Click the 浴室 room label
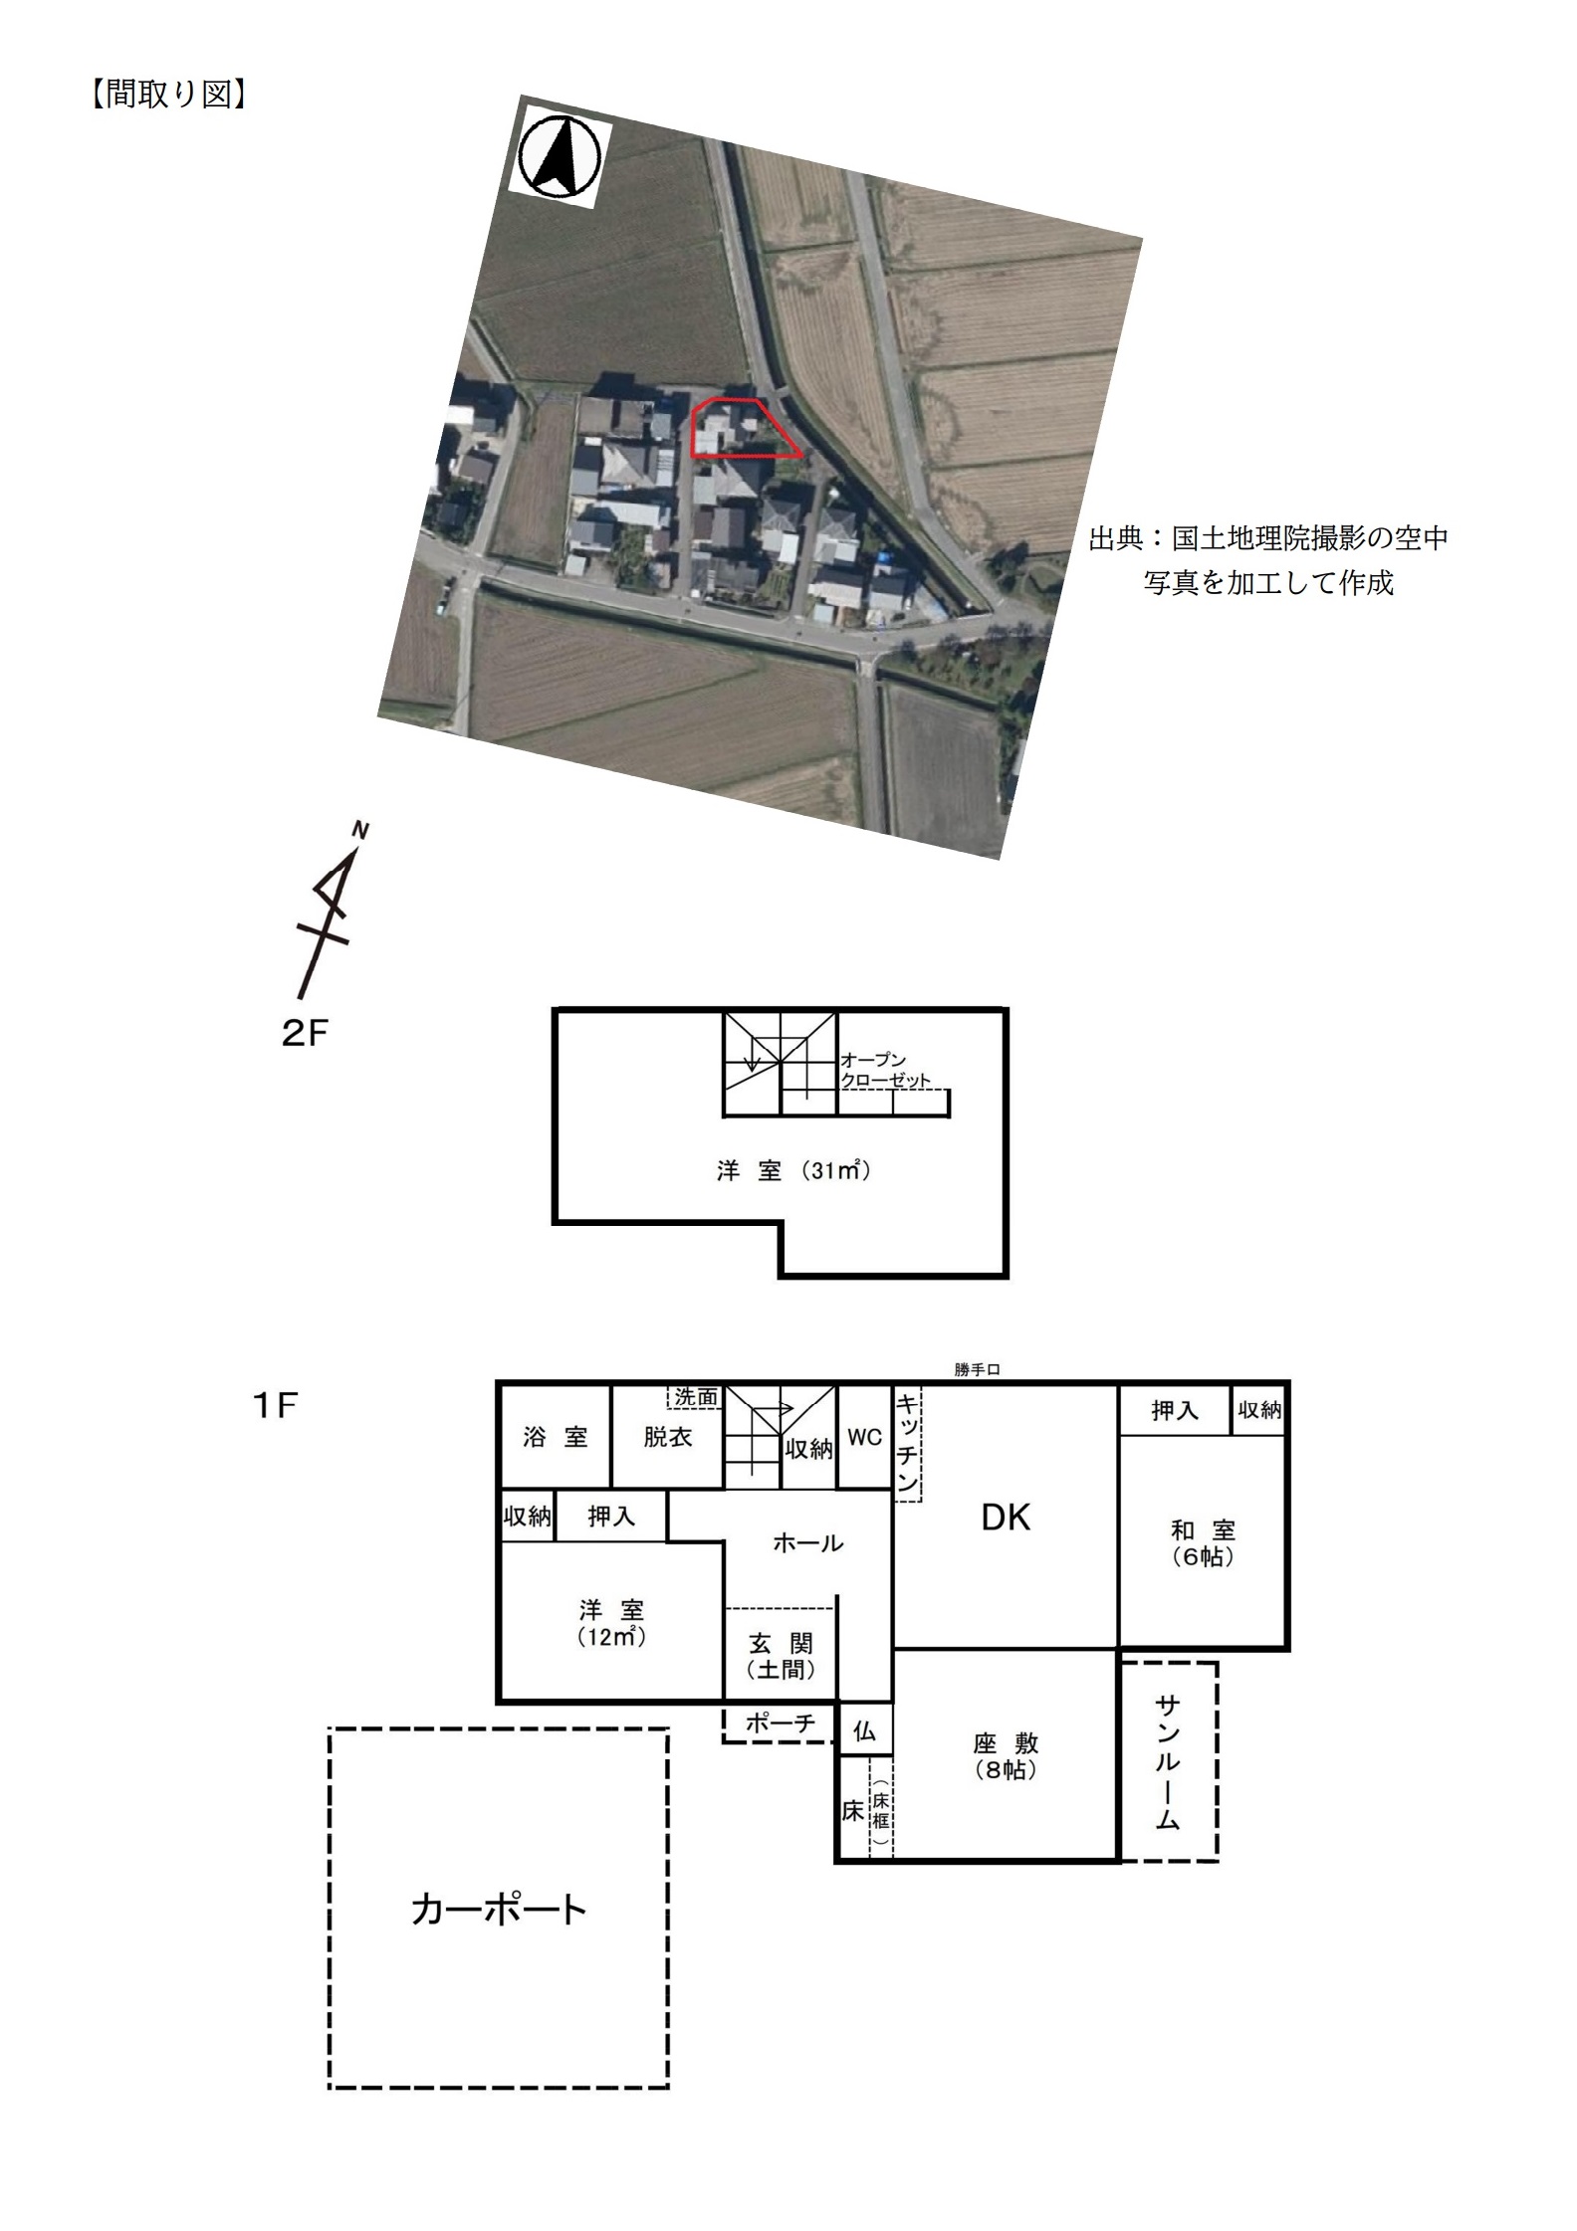[556, 1437]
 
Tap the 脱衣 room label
[667, 1437]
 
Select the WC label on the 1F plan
[864, 1438]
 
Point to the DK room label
[1006, 1518]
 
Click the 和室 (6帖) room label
[1203, 1543]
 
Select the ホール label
[808, 1542]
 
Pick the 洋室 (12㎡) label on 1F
[611, 1623]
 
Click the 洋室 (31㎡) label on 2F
[793, 1171]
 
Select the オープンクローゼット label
[886, 1070]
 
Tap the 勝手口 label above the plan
[977, 1369]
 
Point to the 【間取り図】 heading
[168, 95]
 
